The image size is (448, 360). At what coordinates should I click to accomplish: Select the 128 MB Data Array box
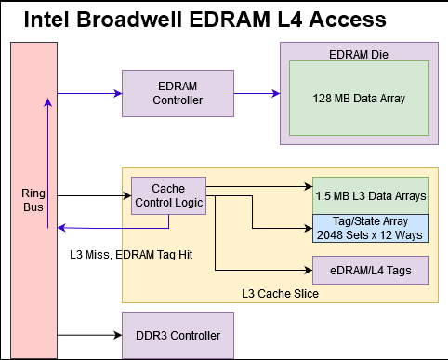pyautogui.click(x=358, y=97)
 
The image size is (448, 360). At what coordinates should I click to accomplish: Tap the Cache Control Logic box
pyautogui.click(x=167, y=195)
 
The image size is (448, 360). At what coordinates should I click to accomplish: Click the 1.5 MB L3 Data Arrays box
pyautogui.click(x=370, y=196)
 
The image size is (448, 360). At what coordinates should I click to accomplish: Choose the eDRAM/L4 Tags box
pyautogui.click(x=370, y=270)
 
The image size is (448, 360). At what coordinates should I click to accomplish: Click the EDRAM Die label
pyautogui.click(x=358, y=54)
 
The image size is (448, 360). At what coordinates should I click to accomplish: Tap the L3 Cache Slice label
pyautogui.click(x=281, y=294)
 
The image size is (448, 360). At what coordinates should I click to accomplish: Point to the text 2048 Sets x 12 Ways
pyautogui.click(x=370, y=234)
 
